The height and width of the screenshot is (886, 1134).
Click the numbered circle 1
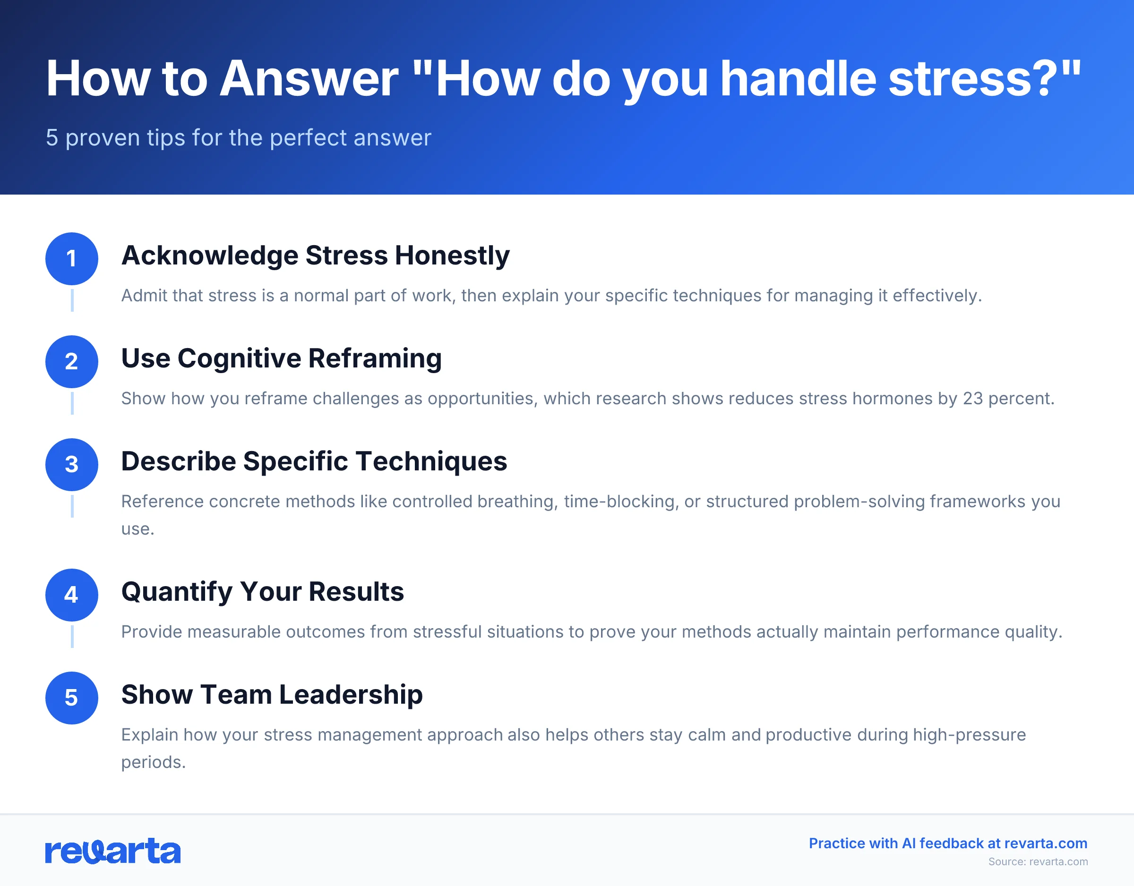72,258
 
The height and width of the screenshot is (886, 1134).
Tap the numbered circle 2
72,361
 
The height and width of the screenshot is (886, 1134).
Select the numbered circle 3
72,465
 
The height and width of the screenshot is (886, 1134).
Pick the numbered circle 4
72,595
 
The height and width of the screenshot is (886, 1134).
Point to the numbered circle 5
72,698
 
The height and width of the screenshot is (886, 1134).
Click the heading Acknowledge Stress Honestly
315,256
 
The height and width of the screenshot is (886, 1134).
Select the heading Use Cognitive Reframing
281,358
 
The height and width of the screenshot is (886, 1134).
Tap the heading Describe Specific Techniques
314,461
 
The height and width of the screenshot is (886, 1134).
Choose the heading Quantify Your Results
262,592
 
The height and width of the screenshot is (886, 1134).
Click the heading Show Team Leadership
272,694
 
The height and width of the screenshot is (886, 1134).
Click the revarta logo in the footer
112,851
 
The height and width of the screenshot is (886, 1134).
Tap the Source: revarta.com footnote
1038,861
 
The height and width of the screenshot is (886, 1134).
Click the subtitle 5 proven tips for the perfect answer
238,137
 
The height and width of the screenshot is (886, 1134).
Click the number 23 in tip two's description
972,399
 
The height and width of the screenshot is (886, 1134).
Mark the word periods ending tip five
153,762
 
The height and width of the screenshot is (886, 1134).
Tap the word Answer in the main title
309,79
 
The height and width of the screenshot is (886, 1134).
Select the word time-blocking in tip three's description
621,502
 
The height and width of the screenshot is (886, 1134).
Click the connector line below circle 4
72,636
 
